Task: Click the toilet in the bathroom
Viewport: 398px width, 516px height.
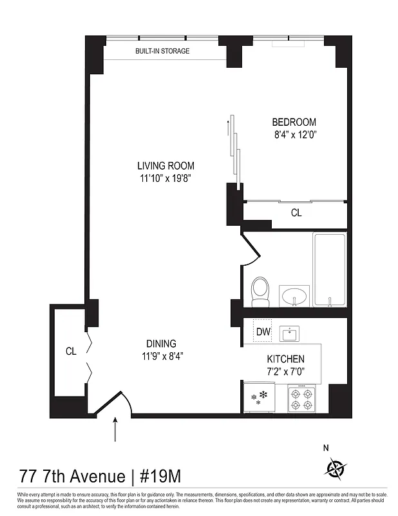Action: (260, 292)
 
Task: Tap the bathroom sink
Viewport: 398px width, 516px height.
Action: (294, 297)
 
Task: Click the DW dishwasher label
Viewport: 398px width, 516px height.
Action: (263, 332)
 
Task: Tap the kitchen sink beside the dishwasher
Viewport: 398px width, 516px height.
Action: (290, 333)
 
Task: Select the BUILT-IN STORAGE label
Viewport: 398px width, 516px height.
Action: (162, 51)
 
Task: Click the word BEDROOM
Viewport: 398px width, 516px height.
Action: (294, 122)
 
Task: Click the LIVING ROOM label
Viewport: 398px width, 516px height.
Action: (166, 166)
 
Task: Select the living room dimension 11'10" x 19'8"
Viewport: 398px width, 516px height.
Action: (166, 178)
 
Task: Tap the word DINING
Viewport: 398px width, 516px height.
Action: (160, 344)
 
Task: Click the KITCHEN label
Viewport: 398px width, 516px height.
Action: (285, 359)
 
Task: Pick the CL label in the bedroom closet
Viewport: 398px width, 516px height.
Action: (296, 212)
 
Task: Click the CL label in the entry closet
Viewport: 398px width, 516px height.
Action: (71, 352)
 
